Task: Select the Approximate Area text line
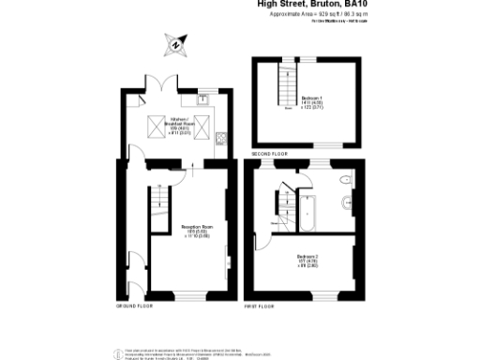(x=318, y=15)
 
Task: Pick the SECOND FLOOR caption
(x=269, y=153)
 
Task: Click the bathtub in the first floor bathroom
(x=308, y=212)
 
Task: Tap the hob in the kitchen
(x=220, y=141)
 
